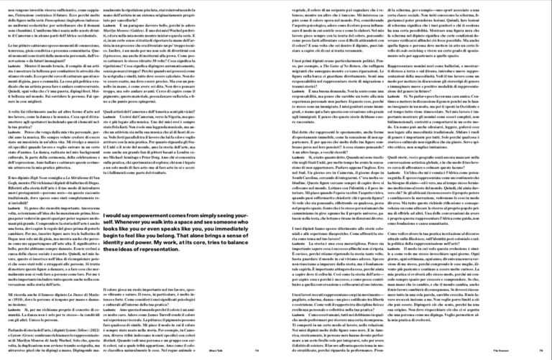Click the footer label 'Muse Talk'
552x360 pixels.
244,351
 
